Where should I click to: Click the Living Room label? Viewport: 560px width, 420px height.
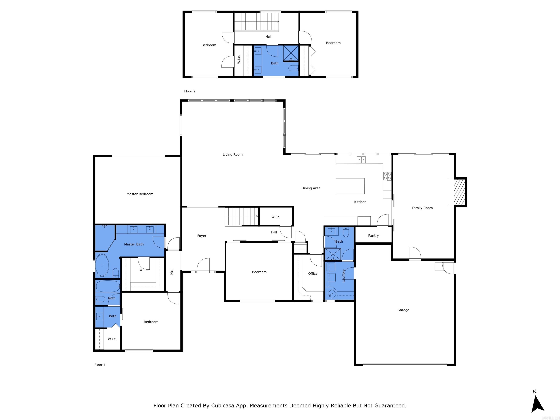pos(232,154)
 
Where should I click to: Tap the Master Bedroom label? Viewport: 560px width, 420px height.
pos(140,194)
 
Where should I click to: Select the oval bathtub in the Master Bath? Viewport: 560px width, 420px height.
pos(102,265)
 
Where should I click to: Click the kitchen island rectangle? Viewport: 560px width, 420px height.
pos(350,186)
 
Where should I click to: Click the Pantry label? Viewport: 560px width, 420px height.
pos(373,236)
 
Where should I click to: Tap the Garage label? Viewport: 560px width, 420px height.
pos(403,310)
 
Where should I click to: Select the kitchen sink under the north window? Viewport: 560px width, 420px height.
pos(361,160)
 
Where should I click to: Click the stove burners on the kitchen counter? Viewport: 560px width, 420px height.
pos(387,176)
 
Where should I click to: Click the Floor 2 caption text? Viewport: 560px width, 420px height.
pos(190,91)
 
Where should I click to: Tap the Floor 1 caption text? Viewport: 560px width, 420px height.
pos(100,365)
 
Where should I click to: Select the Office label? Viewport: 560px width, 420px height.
pos(313,273)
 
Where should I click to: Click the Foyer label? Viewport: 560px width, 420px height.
pos(201,236)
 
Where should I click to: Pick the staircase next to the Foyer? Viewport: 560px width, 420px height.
pos(241,216)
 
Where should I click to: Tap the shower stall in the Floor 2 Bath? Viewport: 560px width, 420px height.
pos(291,53)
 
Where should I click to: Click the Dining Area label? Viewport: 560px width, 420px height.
pos(311,188)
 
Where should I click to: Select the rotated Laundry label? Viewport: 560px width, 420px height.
pos(344,276)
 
